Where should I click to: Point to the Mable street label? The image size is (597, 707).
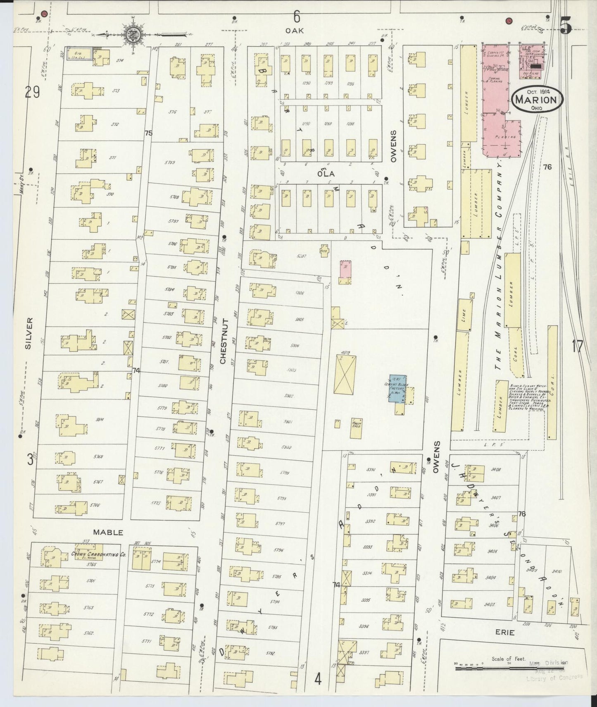[x=108, y=533]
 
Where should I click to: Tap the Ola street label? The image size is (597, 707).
[x=326, y=174]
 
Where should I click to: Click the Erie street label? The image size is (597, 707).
[x=503, y=633]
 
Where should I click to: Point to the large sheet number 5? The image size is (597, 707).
[x=566, y=26]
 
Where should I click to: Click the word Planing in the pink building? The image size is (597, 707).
[x=507, y=137]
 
